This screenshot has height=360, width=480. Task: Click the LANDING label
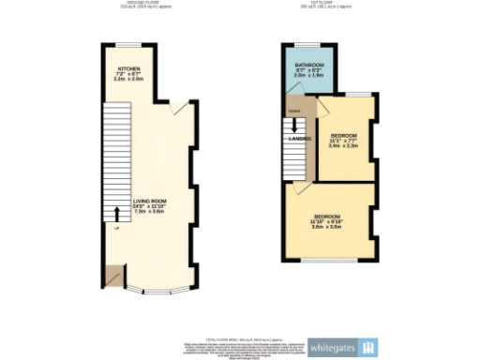301,139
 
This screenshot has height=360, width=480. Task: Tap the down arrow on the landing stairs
296,127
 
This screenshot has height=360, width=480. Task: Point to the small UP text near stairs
115,228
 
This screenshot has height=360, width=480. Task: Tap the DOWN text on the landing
294,112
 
